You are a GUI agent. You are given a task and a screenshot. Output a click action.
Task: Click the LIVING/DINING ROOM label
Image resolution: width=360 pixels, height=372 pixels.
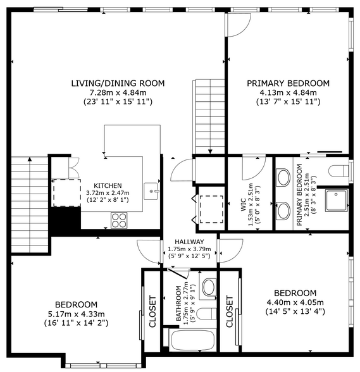click(118, 84)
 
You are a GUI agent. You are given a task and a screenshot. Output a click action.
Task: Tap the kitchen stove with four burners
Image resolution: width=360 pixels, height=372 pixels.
click(119, 220)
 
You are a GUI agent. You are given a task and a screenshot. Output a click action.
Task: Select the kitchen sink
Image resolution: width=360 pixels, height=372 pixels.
click(151, 191)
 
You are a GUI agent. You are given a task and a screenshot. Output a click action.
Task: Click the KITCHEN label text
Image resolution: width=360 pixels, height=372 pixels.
click(108, 185)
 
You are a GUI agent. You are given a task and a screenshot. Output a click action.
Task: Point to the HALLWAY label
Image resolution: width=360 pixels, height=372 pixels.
click(189, 242)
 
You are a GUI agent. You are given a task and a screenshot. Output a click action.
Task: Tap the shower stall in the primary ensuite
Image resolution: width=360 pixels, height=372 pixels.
click(336, 200)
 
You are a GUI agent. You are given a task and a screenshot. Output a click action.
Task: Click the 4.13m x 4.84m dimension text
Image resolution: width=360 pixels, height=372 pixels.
click(289, 92)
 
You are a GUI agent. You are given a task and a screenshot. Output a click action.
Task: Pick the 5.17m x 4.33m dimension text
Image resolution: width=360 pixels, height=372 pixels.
click(77, 314)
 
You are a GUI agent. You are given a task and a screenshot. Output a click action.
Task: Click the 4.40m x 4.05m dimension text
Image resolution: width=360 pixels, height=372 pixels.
click(295, 302)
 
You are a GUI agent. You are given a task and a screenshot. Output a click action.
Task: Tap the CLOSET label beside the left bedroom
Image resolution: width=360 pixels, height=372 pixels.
click(152, 311)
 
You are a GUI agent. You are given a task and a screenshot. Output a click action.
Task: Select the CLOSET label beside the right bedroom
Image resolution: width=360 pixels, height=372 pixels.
click(230, 311)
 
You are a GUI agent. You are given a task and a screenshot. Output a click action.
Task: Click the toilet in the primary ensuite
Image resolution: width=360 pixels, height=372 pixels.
click(338, 170)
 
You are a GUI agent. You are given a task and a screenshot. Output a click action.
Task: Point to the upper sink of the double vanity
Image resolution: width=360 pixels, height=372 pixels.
click(284, 177)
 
